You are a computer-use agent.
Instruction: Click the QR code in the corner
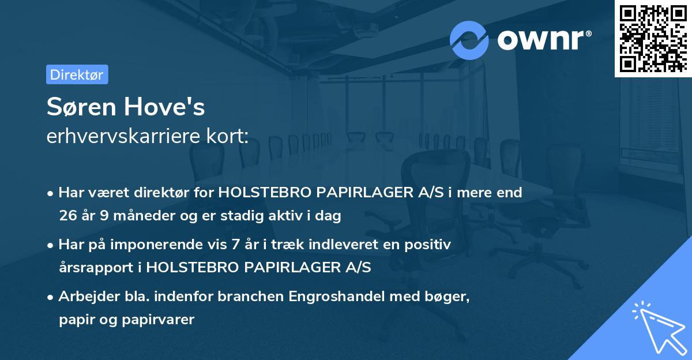pos(653,38)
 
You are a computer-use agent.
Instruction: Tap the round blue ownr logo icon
pos(469,40)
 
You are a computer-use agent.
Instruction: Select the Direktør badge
pos(77,74)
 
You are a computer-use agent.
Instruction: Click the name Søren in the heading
pos(85,107)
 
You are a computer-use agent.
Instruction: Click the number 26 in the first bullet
pos(67,216)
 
